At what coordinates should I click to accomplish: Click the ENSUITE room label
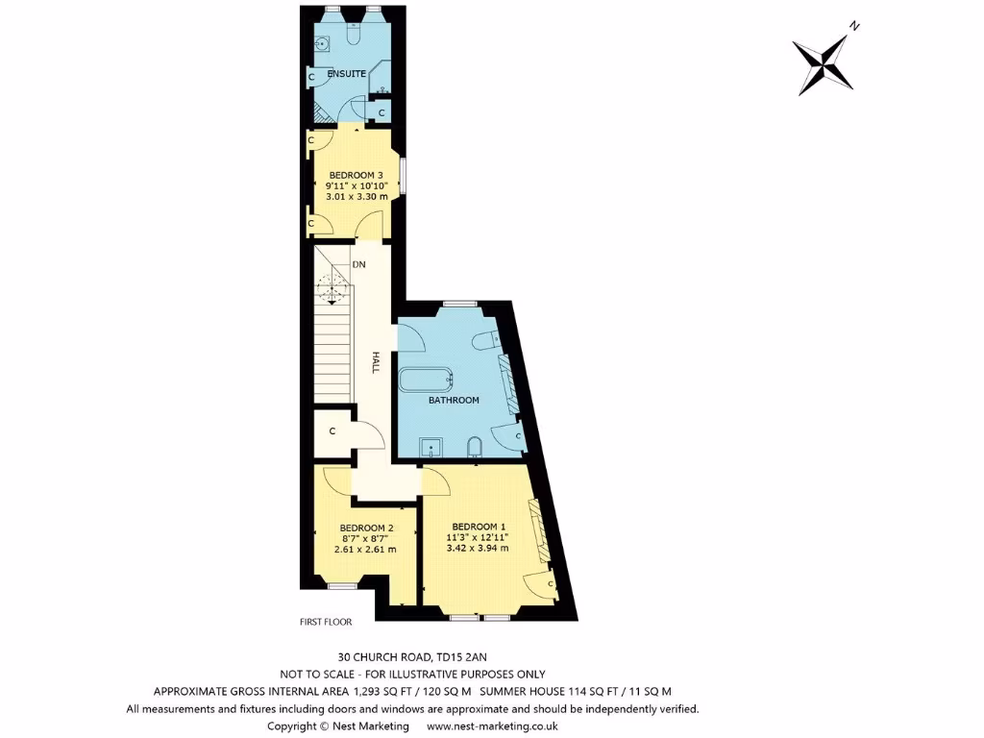click(x=346, y=74)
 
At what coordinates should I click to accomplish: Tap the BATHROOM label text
click(x=454, y=400)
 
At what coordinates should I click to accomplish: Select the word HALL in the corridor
click(x=377, y=362)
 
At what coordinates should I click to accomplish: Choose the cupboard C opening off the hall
click(x=332, y=431)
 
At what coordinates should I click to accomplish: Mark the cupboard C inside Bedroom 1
click(x=551, y=582)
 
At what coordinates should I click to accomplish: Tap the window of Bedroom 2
click(x=341, y=584)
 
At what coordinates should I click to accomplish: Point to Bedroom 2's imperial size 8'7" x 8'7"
click(x=366, y=538)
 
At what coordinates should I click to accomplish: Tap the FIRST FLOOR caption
click(x=325, y=622)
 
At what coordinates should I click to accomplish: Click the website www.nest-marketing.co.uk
click(x=491, y=726)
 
